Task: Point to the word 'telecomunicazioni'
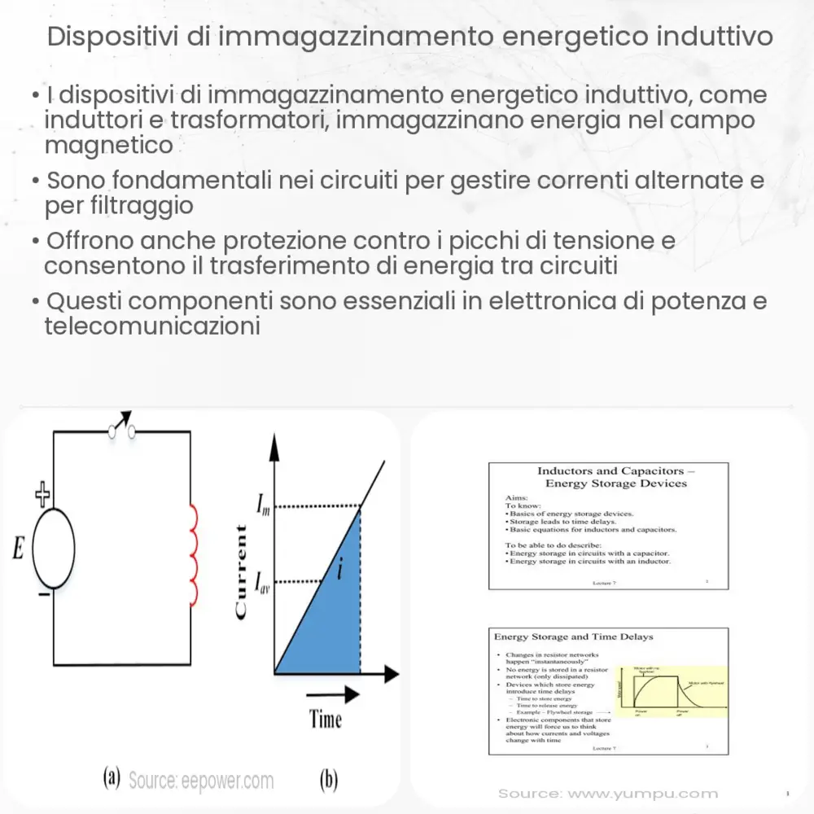coord(152,326)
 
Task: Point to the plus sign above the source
coord(42,492)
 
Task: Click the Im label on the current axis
coord(264,510)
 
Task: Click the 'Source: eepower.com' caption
coord(201,781)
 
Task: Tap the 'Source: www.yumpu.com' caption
coord(608,793)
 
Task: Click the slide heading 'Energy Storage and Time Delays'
coord(574,636)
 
